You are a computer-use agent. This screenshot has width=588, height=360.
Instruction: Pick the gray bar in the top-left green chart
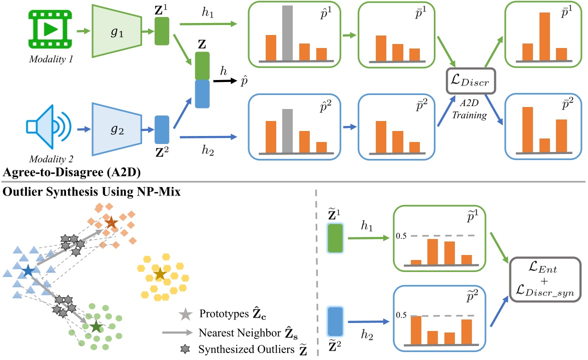tap(287, 33)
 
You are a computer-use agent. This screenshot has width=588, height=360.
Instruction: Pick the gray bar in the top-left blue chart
tap(287, 131)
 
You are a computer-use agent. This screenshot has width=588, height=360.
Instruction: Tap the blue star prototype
tap(28, 271)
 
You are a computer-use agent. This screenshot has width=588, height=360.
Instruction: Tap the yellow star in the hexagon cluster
tap(160, 273)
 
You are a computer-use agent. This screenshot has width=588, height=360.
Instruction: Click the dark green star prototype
tap(97, 327)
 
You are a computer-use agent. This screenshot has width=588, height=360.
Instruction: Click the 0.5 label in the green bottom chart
tap(401, 235)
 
